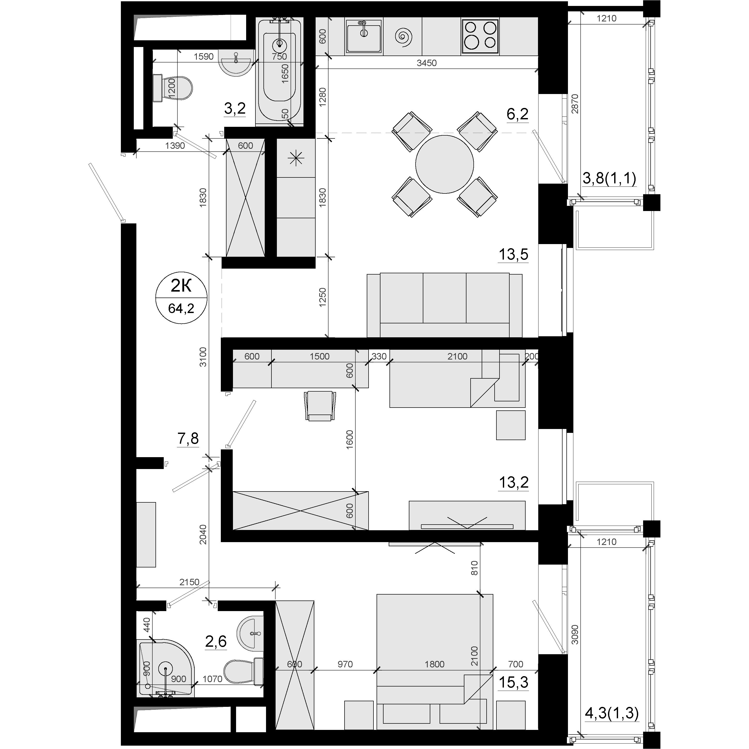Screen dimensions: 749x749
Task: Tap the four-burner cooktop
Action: (480, 36)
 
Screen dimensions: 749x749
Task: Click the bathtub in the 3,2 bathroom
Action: (279, 72)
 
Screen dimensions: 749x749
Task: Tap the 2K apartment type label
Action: (181, 286)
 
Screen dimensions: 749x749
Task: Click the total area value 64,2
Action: (181, 309)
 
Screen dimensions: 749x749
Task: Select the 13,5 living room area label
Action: (513, 254)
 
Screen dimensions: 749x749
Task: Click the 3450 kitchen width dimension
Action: (426, 63)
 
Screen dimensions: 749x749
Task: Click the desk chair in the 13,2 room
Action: (320, 405)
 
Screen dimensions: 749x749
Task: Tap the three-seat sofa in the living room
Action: (444, 305)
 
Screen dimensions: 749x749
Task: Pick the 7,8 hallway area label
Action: (188, 439)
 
